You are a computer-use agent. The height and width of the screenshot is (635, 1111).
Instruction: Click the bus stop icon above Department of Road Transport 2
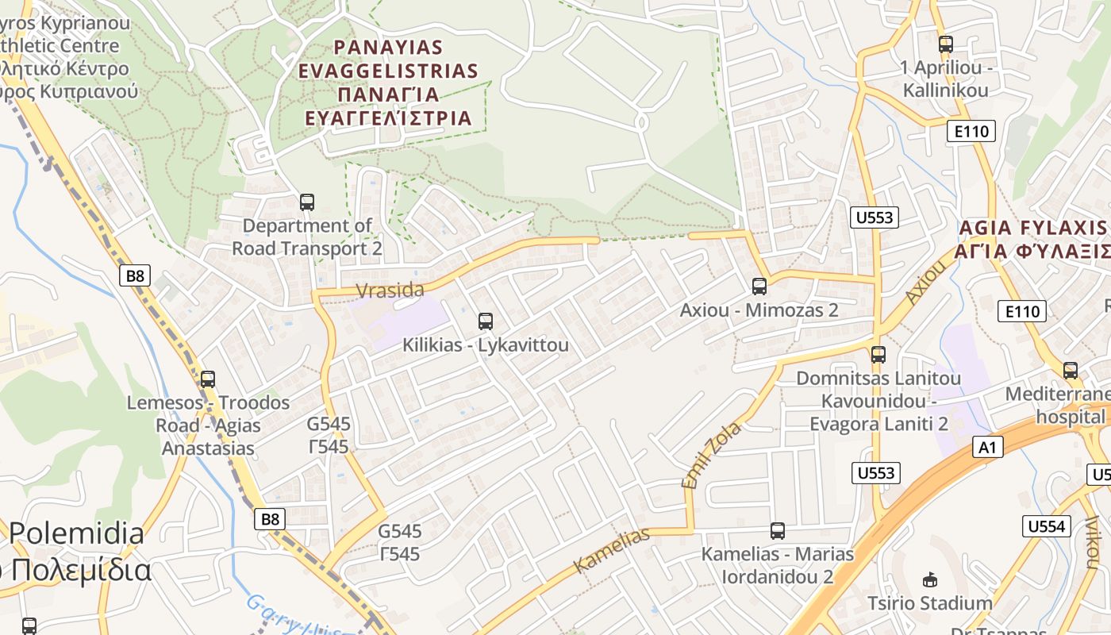[307, 202]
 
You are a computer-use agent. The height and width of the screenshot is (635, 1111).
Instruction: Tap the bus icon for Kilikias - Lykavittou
[486, 321]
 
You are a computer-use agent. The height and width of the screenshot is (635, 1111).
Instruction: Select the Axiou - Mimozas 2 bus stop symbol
[759, 287]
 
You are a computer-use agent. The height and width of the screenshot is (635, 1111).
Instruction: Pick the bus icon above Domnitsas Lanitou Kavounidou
[878, 355]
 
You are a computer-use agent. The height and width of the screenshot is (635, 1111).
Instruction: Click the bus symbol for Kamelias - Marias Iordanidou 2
[778, 531]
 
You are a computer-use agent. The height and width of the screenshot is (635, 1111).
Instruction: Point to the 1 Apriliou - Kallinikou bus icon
[946, 44]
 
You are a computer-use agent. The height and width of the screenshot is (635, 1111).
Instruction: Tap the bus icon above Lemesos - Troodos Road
[208, 379]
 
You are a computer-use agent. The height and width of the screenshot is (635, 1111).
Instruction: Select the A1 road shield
[987, 448]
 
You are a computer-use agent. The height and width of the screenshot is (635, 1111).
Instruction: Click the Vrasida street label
[390, 291]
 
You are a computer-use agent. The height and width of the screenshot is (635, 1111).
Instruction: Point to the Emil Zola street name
[711, 455]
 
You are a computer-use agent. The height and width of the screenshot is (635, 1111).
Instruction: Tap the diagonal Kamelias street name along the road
[611, 550]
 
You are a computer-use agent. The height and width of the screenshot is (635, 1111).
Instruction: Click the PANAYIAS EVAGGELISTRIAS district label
[389, 83]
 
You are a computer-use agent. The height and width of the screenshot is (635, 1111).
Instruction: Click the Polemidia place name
[77, 533]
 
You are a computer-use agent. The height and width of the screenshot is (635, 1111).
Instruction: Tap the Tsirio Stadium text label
[930, 603]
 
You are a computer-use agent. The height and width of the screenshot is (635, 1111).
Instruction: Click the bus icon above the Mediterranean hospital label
[1071, 370]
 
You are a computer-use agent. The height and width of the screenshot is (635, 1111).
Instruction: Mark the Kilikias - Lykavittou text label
[486, 345]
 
